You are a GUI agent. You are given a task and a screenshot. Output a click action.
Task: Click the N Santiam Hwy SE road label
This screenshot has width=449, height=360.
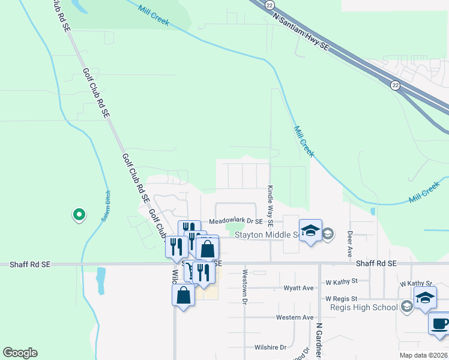(x=301, y=32)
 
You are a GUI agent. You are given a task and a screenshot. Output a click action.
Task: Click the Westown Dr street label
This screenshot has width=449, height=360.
(x=245, y=287)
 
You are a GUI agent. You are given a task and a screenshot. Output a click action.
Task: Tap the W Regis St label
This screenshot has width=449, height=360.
(x=342, y=298)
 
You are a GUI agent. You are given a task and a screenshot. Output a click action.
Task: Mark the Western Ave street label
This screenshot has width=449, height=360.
(x=295, y=317)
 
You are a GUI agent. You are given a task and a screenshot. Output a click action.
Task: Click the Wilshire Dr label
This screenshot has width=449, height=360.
(x=271, y=347)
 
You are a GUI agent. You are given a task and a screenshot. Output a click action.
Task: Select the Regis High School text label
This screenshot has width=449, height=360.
(x=364, y=307)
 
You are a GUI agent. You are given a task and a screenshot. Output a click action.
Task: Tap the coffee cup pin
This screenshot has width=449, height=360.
(x=439, y=323)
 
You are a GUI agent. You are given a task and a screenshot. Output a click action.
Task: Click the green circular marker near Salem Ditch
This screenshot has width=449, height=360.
(x=78, y=214)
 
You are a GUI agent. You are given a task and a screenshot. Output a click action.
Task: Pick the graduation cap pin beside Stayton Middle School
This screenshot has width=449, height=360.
(x=310, y=231)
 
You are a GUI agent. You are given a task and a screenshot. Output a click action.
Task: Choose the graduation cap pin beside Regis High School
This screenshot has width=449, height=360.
(x=425, y=298)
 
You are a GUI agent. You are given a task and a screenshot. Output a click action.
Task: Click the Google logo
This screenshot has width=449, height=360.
(x=20, y=353)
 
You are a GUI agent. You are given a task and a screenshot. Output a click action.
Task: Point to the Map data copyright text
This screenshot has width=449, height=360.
(x=424, y=355)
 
